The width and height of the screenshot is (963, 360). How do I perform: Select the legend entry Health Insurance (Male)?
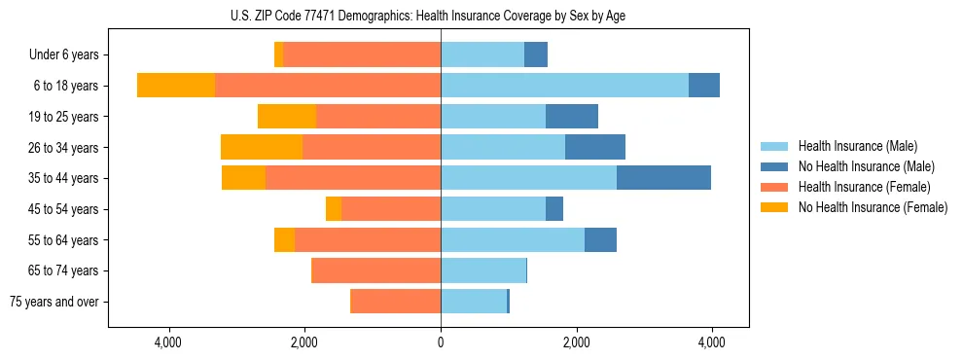point(852,146)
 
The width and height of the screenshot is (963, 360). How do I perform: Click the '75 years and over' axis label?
point(54,302)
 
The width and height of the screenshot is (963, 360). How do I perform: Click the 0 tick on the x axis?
point(441,342)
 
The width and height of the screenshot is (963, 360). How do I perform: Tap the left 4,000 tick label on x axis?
point(168,342)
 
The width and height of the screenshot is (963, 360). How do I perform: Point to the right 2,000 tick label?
point(576,342)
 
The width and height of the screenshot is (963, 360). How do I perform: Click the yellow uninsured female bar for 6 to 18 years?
point(176,86)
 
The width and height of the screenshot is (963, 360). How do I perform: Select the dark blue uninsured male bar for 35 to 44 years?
point(663,178)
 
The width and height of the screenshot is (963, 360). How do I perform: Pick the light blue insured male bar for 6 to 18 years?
point(564,86)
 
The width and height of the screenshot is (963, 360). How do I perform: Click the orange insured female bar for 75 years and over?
point(396,302)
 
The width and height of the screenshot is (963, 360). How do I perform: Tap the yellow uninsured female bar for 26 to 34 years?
point(262,147)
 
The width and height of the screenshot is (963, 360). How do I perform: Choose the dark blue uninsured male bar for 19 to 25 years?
point(572,117)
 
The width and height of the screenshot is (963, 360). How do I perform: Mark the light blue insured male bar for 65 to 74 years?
point(483,270)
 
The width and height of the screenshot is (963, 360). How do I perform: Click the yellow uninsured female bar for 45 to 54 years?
point(334,209)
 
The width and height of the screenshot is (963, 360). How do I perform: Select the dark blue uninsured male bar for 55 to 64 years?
point(600,239)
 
